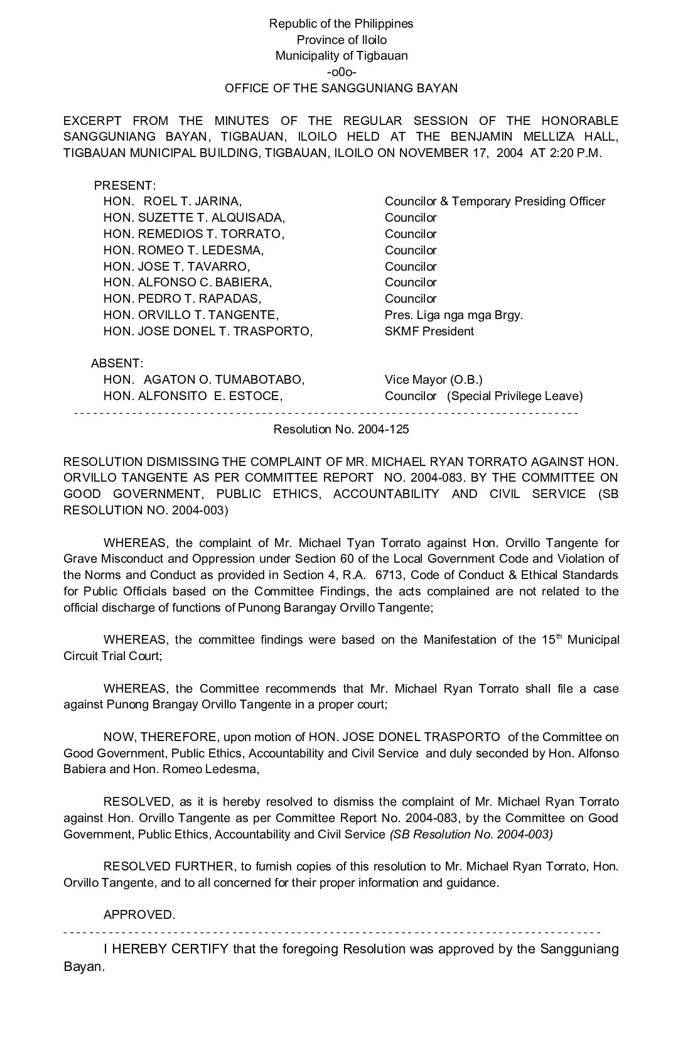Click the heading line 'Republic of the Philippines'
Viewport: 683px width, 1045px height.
point(341,24)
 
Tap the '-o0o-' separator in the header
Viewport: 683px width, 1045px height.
point(341,72)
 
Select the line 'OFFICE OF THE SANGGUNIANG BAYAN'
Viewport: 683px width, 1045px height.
point(341,89)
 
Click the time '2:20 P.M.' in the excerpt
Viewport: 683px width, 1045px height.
point(575,153)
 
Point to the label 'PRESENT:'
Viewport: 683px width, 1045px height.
point(125,186)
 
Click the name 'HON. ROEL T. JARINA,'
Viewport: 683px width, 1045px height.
point(173,202)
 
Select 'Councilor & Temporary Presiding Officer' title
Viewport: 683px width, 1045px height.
point(495,202)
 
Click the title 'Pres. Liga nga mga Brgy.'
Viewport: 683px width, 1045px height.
point(453,315)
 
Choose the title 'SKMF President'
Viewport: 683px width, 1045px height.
point(430,332)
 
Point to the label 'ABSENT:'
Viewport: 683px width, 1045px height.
point(117,364)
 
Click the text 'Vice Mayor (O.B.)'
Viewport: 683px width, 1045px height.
point(433,380)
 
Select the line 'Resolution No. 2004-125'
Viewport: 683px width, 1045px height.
point(341,429)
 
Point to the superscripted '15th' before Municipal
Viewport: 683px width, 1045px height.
point(551,640)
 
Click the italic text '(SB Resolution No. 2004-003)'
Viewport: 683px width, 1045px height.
point(471,835)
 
